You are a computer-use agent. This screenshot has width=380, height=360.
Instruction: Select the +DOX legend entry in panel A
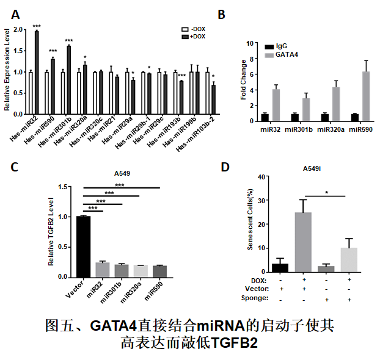tap(195, 37)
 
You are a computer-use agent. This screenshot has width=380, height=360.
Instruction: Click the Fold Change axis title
tap(243, 80)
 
